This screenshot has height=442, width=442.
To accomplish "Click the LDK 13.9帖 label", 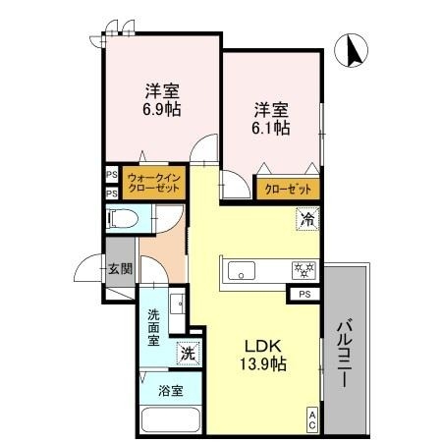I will [264, 355].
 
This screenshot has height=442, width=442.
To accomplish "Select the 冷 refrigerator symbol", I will [307, 220].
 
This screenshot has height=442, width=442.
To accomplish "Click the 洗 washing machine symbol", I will [185, 352].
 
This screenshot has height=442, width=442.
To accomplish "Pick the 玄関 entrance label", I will [120, 269].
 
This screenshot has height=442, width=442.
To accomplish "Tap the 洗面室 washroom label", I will [154, 328].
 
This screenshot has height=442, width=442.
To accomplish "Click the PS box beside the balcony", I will [305, 294].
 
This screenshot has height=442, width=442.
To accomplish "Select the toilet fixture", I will [122, 221].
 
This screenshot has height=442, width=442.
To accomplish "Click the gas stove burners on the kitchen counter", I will [302, 268].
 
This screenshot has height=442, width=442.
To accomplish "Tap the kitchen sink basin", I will [242, 269].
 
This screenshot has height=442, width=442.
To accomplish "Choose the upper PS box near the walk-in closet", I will [112, 177].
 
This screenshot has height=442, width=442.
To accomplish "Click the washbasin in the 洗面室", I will [177, 304].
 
